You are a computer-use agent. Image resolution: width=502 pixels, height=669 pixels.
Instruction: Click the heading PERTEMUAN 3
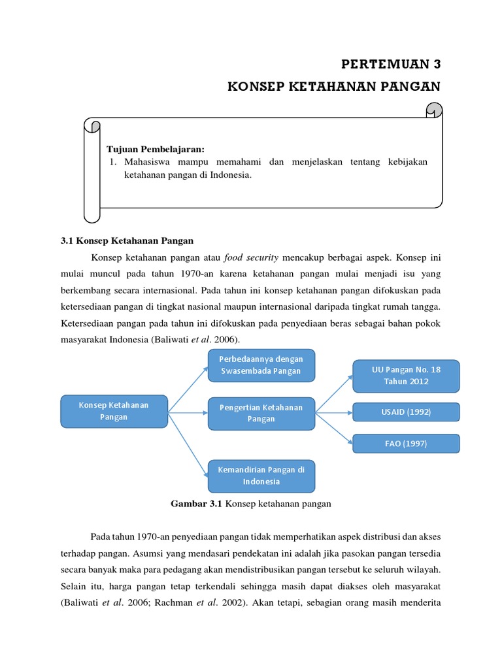[392, 64]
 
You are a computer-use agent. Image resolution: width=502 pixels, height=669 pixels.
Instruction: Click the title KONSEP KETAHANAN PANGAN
[334, 87]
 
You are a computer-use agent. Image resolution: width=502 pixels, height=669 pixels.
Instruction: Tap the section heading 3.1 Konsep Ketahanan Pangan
[127, 240]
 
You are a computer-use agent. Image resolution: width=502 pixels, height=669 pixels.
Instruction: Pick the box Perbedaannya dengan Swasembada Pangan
[261, 365]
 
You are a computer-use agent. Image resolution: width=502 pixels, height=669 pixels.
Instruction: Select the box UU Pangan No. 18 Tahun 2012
[406, 375]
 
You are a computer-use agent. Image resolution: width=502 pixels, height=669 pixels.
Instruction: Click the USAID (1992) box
[406, 412]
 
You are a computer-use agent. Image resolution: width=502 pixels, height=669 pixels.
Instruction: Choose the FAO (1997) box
[406, 444]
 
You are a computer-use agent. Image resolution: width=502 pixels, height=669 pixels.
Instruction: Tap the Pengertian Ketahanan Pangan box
[261, 413]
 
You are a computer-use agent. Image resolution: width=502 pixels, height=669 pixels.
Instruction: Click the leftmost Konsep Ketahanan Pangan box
[114, 411]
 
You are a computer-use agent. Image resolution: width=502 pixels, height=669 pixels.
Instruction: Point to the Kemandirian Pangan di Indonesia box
[261, 476]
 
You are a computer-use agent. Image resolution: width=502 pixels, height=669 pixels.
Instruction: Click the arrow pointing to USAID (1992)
[333, 412]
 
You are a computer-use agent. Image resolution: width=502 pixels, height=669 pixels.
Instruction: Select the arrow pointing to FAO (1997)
[333, 427]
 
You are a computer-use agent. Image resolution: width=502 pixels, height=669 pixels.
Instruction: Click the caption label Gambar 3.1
[197, 504]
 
